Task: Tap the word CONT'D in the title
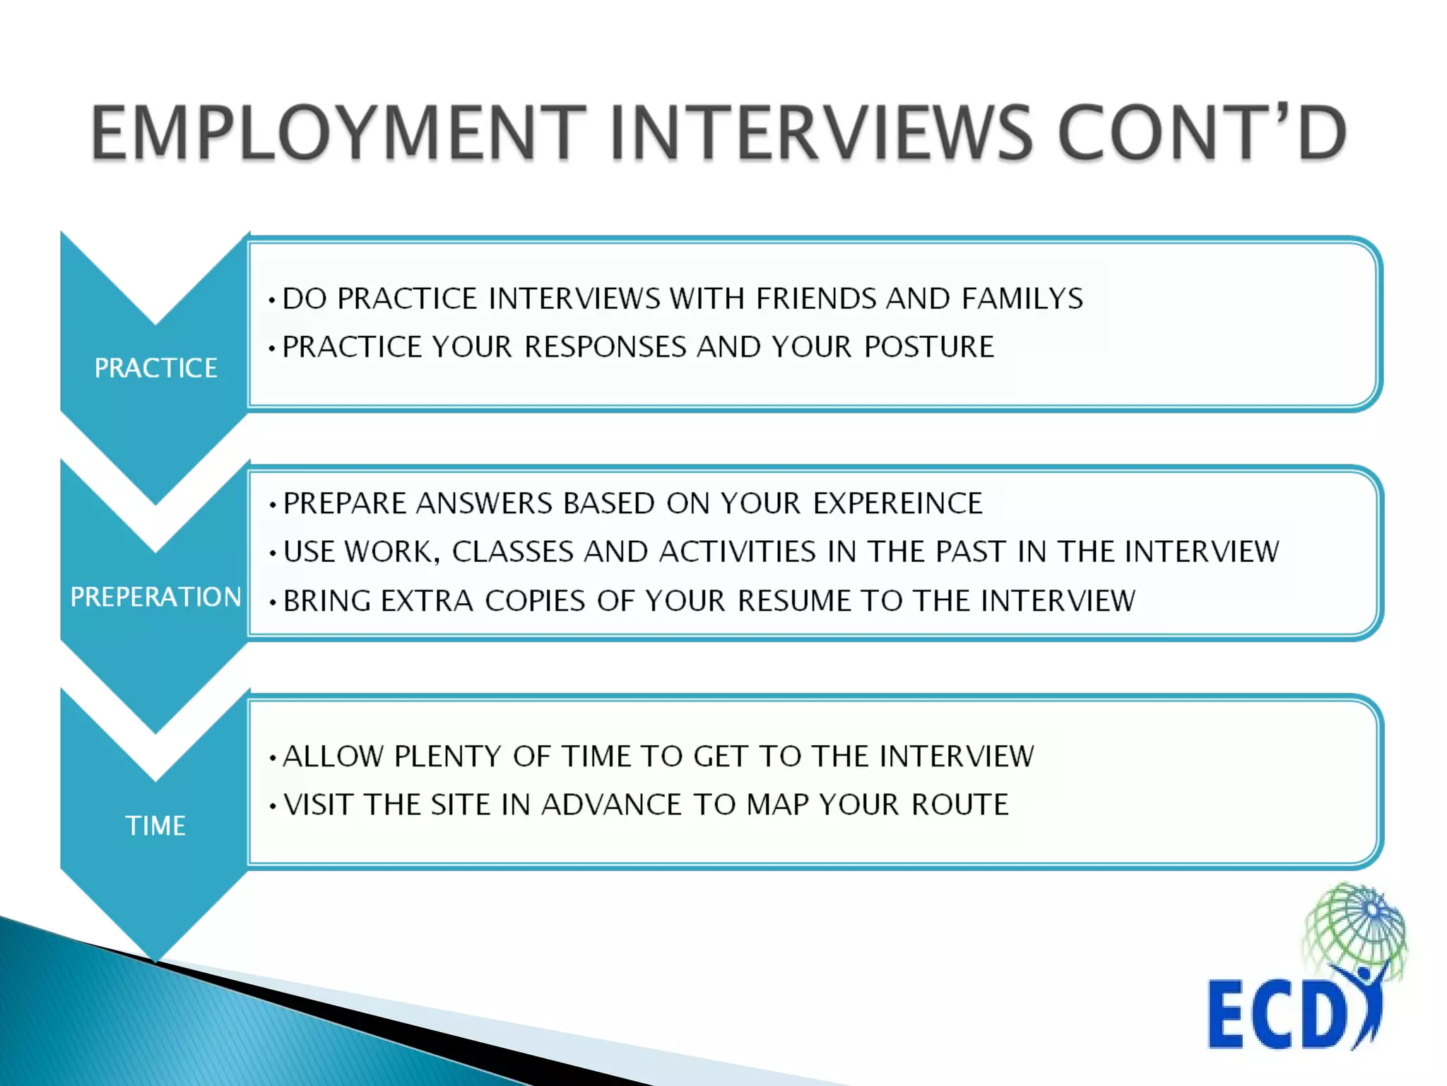(1201, 132)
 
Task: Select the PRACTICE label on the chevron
(155, 368)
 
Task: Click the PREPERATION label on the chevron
(155, 597)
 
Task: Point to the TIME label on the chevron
(155, 826)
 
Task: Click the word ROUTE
(959, 805)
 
